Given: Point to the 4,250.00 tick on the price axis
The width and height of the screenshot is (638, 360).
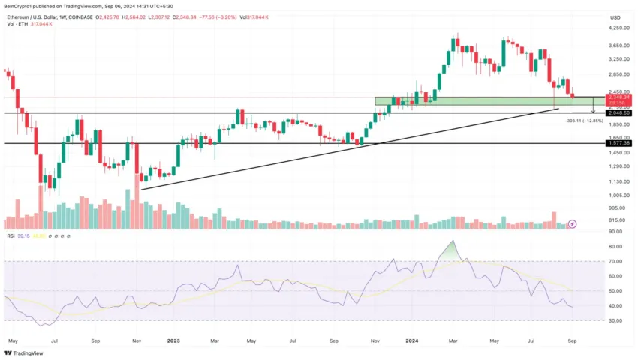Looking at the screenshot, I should (x=620, y=28).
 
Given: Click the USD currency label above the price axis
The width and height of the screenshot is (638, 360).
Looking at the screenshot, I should (x=616, y=17).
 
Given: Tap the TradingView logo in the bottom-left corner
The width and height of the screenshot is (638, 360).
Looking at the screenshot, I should (x=23, y=352).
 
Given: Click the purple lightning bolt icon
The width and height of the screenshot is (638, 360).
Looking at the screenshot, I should (x=573, y=223).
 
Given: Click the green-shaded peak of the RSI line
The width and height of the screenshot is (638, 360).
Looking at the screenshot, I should (x=451, y=247).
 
